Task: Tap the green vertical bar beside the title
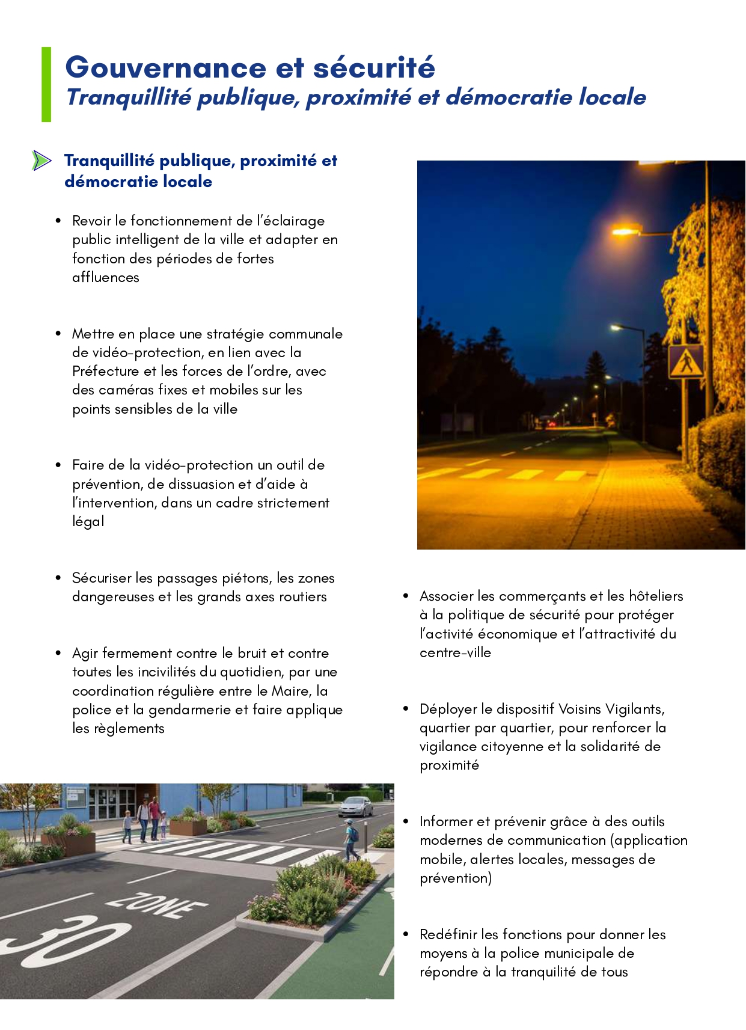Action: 46,84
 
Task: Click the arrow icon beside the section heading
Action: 41,161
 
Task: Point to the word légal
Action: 88,521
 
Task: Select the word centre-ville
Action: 455,652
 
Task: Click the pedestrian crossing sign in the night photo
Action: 686,361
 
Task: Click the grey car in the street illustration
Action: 355,806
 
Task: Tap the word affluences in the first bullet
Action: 106,277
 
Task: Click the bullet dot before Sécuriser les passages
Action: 58,578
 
